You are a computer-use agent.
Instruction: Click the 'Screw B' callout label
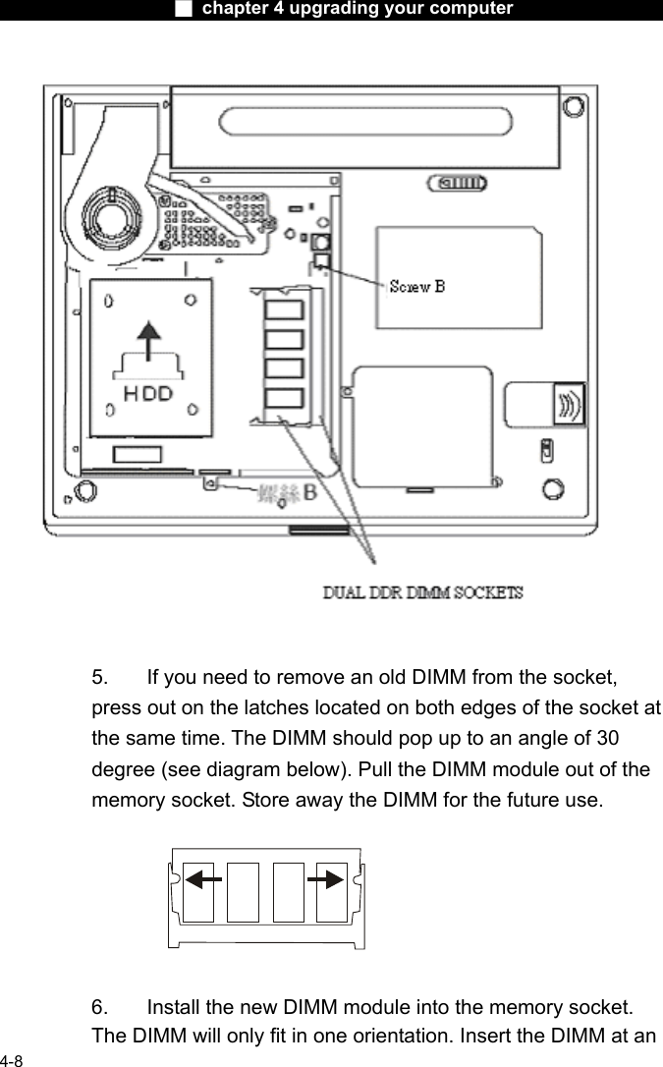(417, 287)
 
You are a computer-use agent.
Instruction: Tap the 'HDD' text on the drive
(148, 394)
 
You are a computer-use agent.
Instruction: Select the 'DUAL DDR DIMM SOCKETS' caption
(424, 593)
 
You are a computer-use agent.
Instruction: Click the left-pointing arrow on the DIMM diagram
(204, 878)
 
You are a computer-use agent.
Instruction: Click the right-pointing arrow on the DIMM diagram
(325, 878)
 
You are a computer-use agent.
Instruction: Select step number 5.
(100, 677)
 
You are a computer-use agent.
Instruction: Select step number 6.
(100, 1007)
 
